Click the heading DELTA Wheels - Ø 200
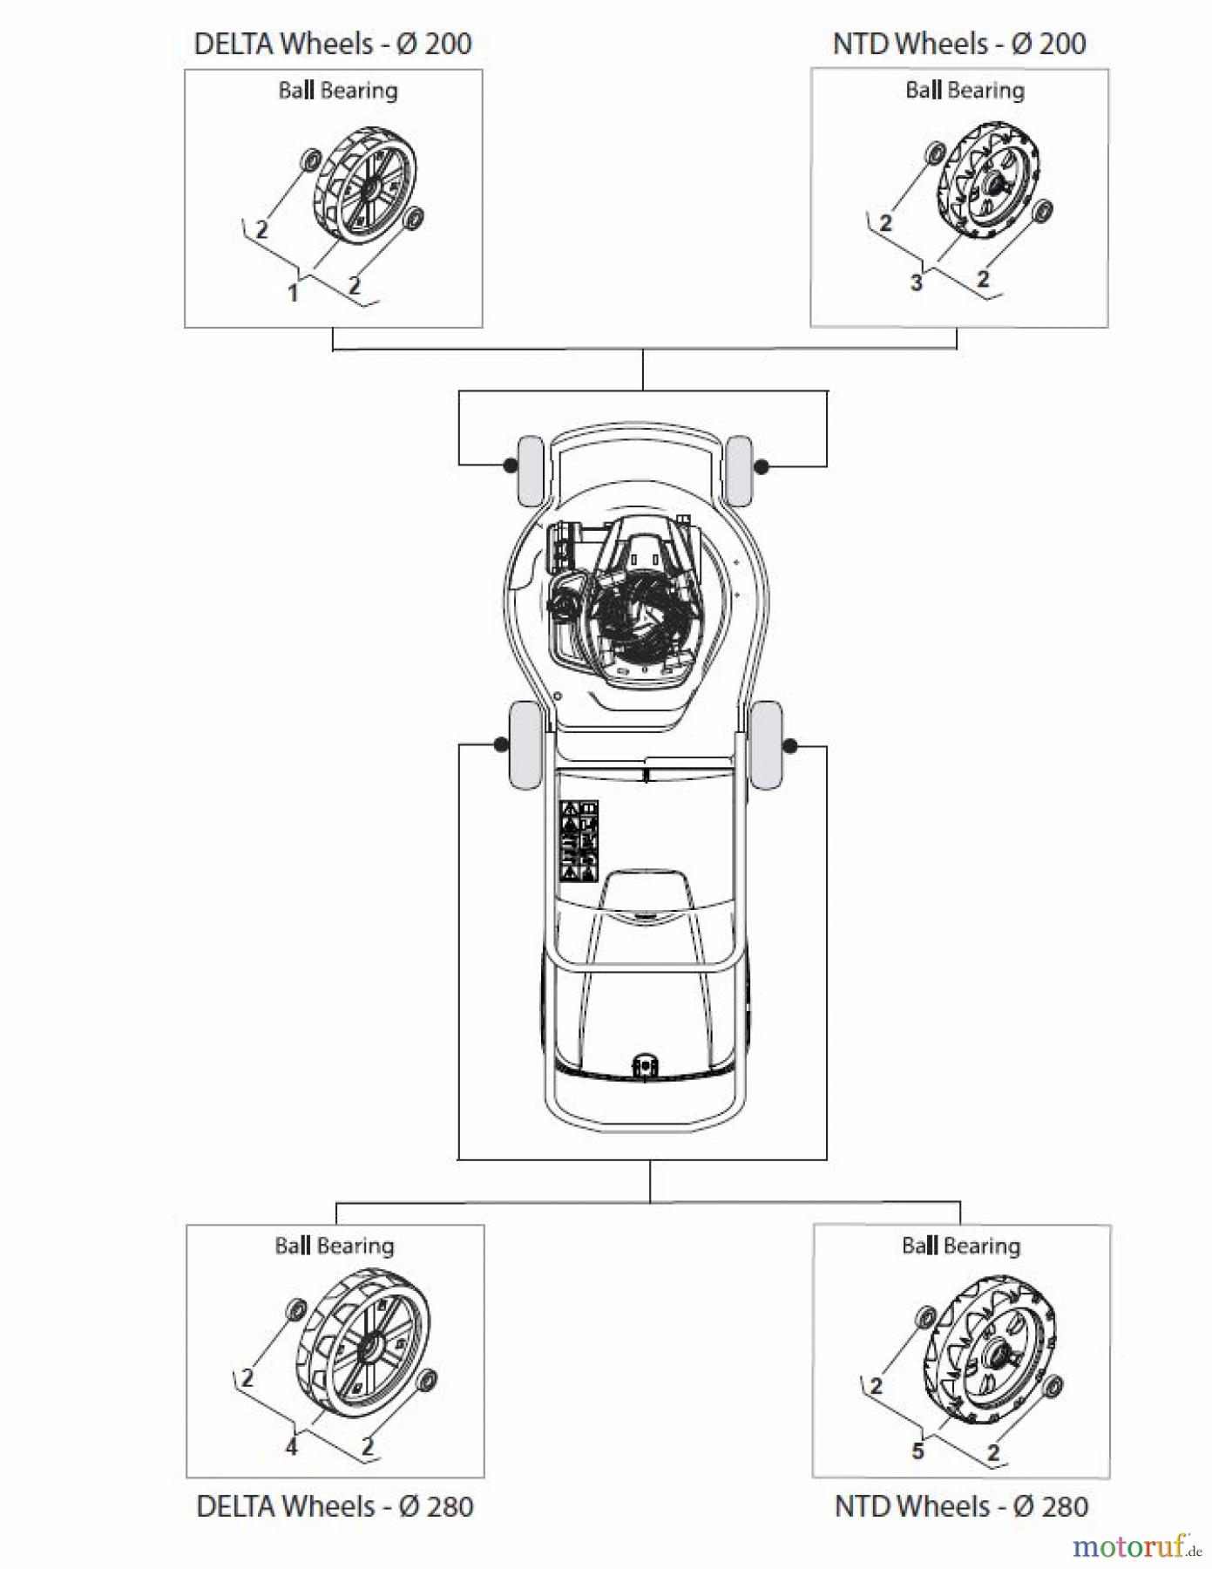click(332, 44)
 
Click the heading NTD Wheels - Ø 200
click(958, 44)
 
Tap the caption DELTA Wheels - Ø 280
click(335, 1505)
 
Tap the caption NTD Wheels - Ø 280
click(961, 1505)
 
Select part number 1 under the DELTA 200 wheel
click(293, 293)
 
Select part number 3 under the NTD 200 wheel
click(916, 282)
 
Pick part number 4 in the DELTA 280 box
click(291, 1447)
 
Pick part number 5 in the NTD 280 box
click(917, 1450)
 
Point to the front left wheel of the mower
click(531, 471)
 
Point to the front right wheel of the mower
click(739, 471)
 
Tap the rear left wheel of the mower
click(525, 745)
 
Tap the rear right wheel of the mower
click(766, 745)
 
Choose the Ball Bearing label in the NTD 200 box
click(964, 91)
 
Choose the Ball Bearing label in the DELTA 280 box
click(335, 1246)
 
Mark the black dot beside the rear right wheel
click(790, 746)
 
